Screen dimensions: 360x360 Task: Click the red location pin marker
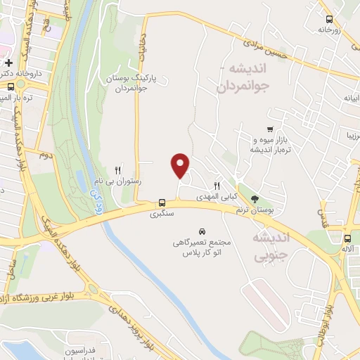click(181, 165)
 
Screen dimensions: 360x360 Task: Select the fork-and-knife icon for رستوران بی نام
click(118, 169)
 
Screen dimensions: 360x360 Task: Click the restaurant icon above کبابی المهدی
click(217, 186)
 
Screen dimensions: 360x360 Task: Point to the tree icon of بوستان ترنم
click(254, 199)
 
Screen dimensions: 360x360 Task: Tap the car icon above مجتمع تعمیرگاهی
click(202, 231)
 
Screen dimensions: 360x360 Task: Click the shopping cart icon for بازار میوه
click(269, 129)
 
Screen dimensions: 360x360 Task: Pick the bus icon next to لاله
click(347, 238)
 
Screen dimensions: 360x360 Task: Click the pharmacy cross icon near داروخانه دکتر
click(8, 63)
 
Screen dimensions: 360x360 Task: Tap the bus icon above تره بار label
click(10, 87)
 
